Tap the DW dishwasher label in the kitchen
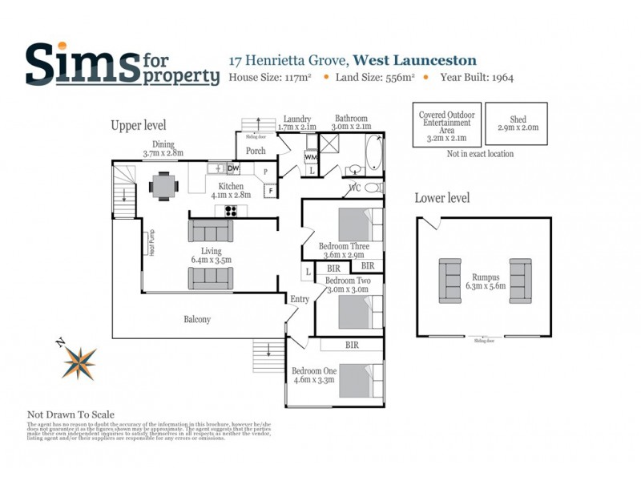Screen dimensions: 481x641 (x=233, y=168)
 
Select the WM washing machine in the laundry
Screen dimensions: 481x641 (x=312, y=157)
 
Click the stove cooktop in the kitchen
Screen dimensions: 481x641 (x=232, y=211)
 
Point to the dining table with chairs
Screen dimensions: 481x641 (x=164, y=186)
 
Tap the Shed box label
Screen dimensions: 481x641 (x=517, y=123)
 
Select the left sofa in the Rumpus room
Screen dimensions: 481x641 (x=450, y=280)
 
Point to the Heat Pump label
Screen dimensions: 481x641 (x=151, y=243)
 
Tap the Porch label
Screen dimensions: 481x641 (x=256, y=151)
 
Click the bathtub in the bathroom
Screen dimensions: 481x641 (x=374, y=156)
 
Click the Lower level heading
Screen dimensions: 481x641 (x=442, y=198)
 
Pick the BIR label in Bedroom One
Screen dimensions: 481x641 (x=352, y=345)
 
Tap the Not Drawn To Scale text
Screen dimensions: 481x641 (x=71, y=414)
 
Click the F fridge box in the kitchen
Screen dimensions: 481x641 (x=269, y=190)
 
